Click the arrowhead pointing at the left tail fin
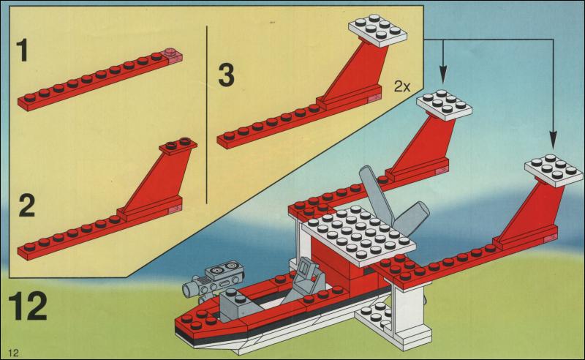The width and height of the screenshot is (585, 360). (443, 75)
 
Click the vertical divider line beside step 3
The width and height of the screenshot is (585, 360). (208, 110)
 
